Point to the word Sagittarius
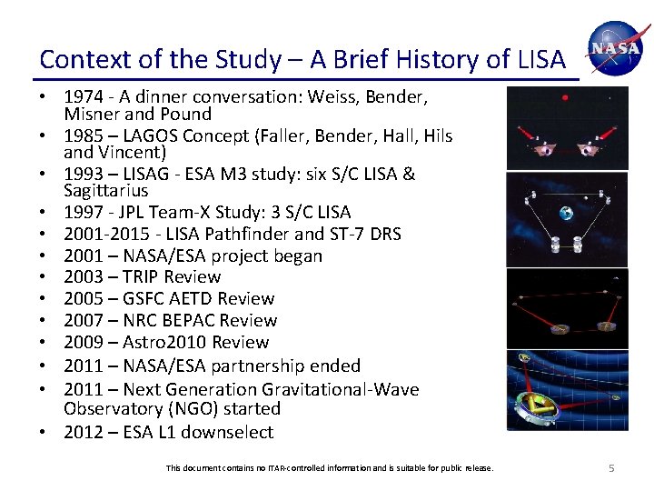coord(105,191)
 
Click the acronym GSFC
coord(146,299)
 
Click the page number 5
coord(611,467)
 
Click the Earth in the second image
coord(566,214)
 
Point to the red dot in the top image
coord(565,97)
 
